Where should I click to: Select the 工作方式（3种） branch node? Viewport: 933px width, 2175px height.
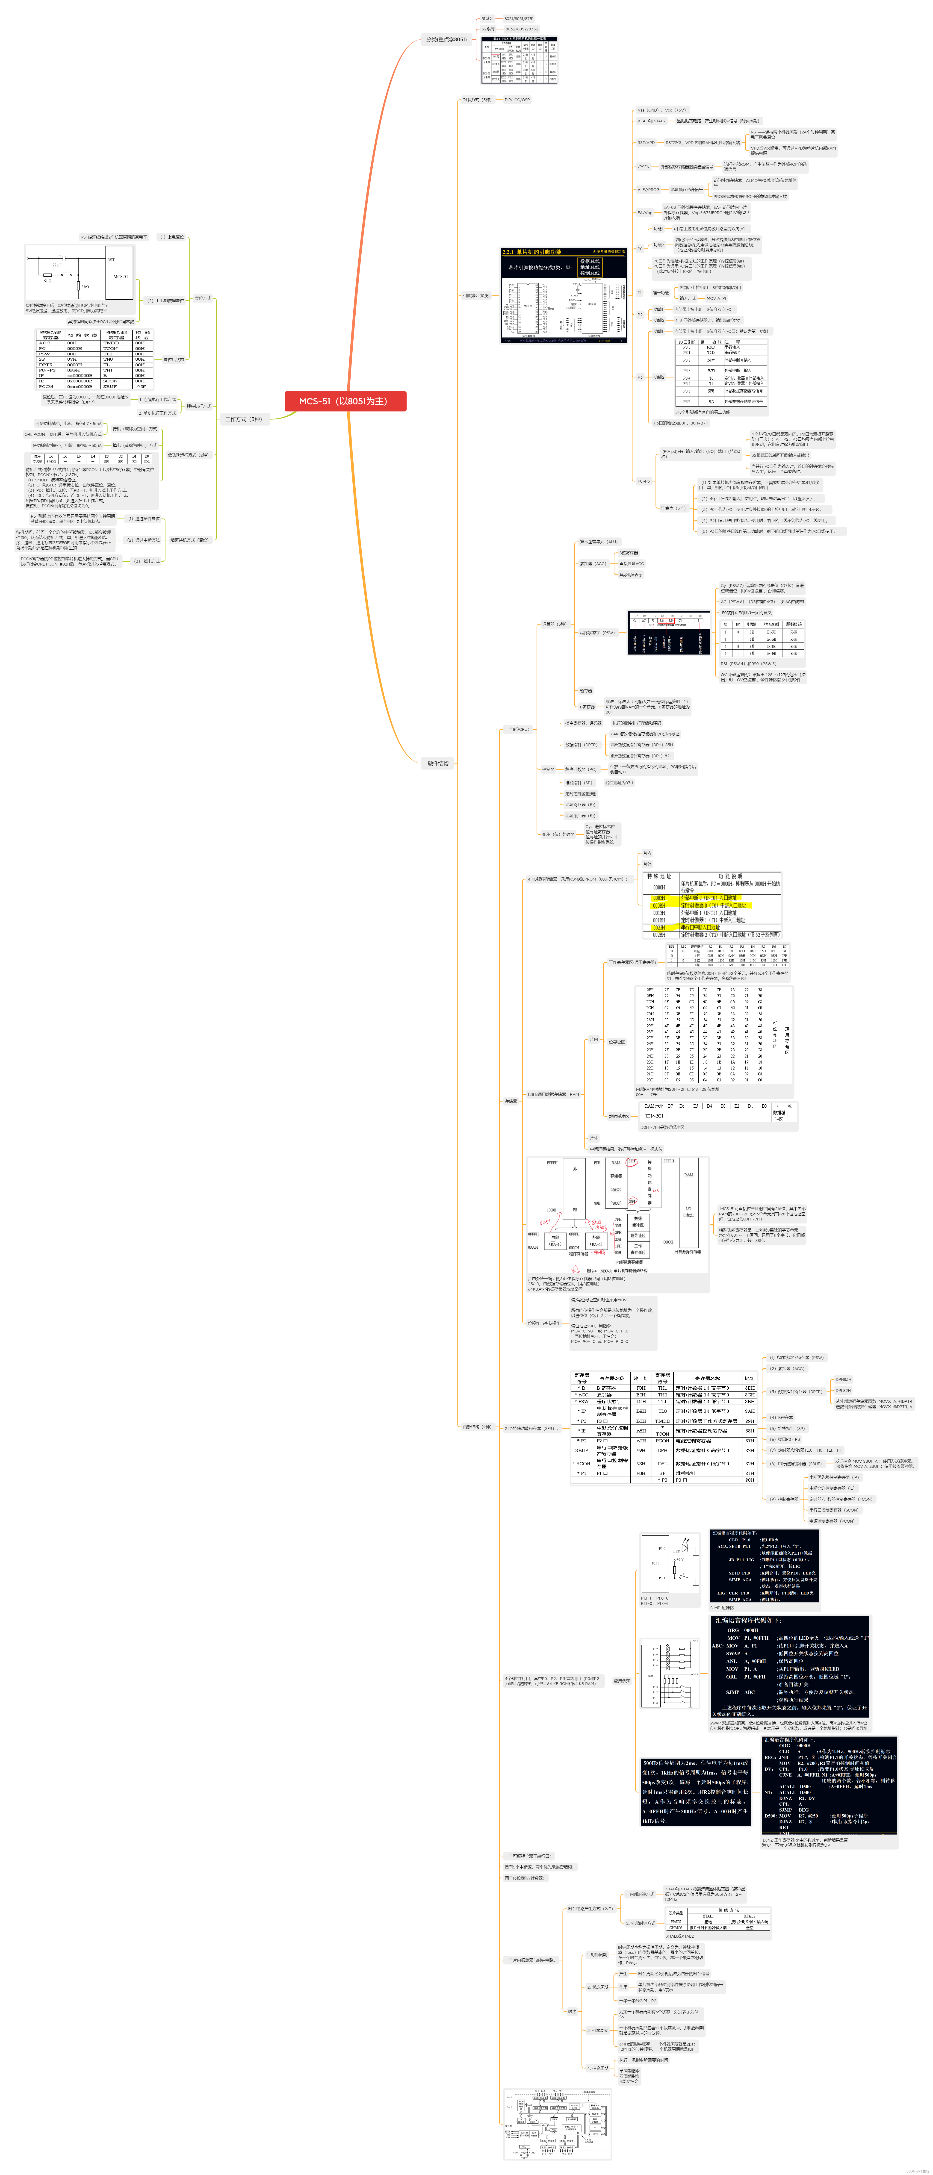pyautogui.click(x=243, y=419)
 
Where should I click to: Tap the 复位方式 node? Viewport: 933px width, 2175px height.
pyautogui.click(x=203, y=298)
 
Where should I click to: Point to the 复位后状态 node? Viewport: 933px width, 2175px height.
pyautogui.click(x=173, y=360)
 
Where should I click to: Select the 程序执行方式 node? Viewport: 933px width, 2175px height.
pyautogui.click(x=198, y=406)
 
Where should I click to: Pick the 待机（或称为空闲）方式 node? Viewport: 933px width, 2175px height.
pyautogui.click(x=135, y=429)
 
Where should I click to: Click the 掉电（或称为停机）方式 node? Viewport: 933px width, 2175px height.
pyautogui.click(x=135, y=445)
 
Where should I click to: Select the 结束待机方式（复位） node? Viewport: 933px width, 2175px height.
pyautogui.click(x=189, y=539)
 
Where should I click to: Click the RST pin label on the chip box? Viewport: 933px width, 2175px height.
pyautogui.click(x=111, y=260)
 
